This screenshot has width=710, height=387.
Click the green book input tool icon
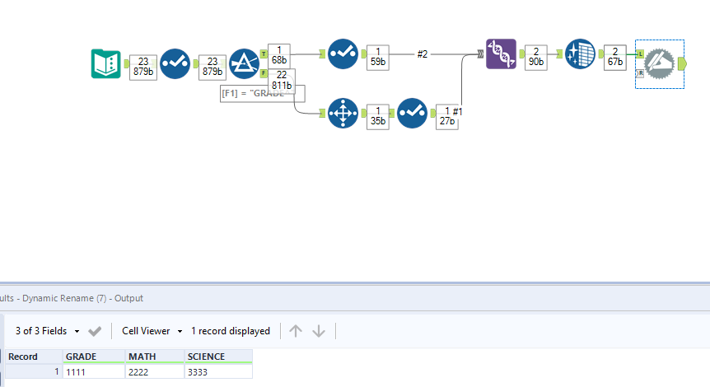pos(106,63)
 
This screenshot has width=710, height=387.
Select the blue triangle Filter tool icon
pos(244,63)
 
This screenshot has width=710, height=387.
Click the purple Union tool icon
pos(501,54)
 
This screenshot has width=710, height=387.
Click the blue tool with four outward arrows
pos(342,113)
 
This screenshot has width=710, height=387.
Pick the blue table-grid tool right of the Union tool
pos(581,54)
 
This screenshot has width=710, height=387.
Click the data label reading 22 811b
pos(281,80)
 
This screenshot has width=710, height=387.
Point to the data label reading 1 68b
pos(280,54)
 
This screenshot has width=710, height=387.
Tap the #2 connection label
pos(422,54)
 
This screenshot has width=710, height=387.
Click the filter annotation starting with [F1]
pos(255,93)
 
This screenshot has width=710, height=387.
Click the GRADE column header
pos(93,357)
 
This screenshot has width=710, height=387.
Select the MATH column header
pos(154,357)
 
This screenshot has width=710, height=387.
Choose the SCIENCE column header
pos(217,357)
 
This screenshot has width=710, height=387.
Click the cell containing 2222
pos(154,372)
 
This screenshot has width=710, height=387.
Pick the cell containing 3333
pos(217,372)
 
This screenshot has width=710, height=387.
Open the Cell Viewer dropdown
pos(152,331)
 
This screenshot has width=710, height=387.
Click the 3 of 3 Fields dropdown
pos(48,331)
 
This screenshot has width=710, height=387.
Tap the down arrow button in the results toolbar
pos(319,331)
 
